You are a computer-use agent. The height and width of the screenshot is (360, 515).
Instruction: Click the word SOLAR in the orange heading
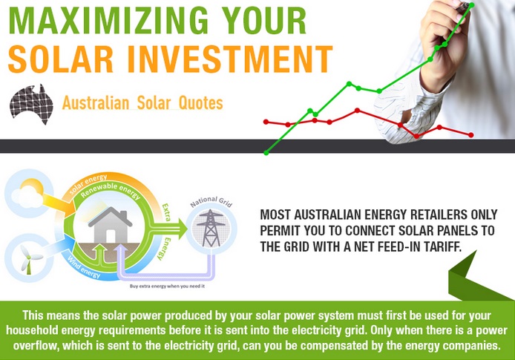(61, 59)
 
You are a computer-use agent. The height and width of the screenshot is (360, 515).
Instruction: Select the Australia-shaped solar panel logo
(31, 104)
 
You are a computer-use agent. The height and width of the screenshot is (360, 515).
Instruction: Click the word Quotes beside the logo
(201, 103)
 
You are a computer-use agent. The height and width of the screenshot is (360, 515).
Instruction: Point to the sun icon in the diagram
(32, 189)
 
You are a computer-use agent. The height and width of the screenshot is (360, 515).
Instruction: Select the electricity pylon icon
(211, 228)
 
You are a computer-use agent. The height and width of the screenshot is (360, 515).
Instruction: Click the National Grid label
(211, 202)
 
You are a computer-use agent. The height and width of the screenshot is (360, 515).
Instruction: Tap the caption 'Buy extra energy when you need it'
(167, 286)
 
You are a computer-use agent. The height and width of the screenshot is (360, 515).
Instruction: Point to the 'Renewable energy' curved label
(111, 191)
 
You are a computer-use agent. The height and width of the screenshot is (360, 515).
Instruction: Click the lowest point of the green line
(266, 153)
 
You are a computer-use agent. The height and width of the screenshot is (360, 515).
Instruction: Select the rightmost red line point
(471, 135)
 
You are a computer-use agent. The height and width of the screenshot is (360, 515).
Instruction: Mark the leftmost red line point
(266, 122)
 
